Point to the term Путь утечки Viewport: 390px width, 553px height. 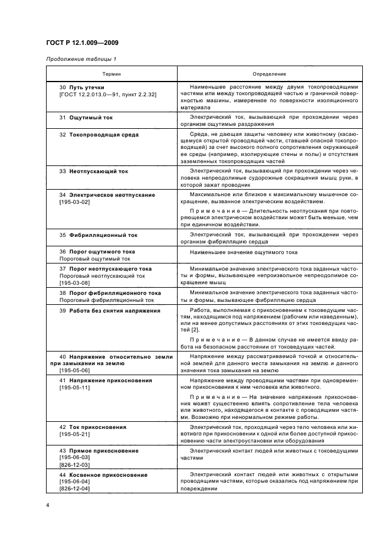pos(86,87)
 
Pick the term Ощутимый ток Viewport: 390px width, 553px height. pos(90,118)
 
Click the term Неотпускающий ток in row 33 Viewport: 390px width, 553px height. pos(98,171)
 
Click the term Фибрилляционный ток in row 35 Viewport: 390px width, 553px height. pos(103,235)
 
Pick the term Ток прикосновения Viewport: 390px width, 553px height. pos(93,426)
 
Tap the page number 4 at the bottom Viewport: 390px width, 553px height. pos(48,505)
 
